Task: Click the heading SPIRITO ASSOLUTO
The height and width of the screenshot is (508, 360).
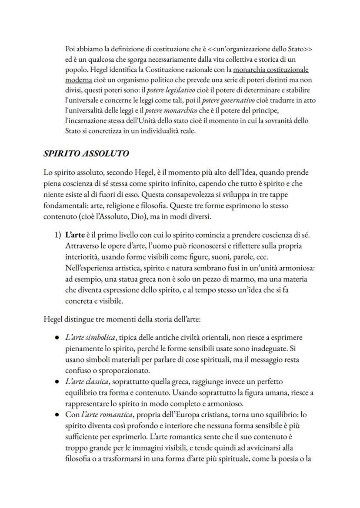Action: point(86,154)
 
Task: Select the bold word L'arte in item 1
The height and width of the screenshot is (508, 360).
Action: point(75,236)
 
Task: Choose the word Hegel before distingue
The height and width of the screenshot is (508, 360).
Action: point(54,320)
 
